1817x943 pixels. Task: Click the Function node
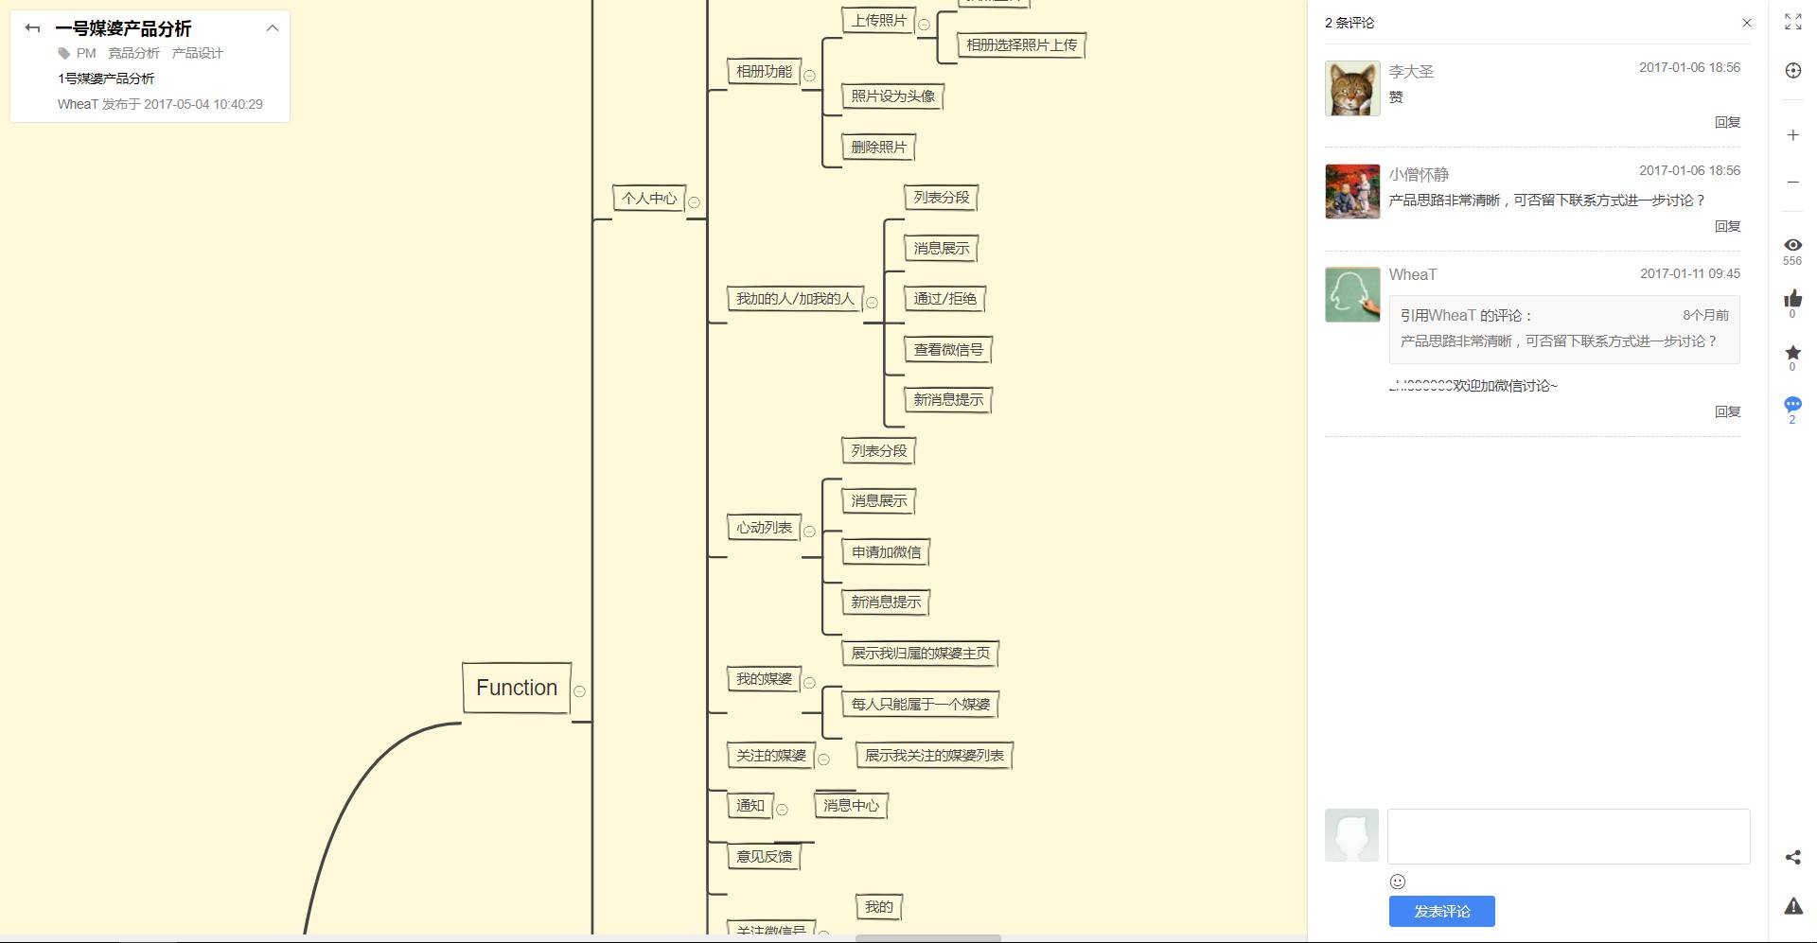point(517,688)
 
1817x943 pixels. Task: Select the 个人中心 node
point(648,198)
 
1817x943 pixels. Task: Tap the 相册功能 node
point(764,71)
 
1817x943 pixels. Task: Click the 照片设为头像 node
point(892,96)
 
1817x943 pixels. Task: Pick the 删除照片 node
point(878,147)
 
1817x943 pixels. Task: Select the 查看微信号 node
point(947,349)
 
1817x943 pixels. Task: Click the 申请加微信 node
point(886,551)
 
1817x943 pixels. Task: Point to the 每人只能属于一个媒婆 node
point(920,704)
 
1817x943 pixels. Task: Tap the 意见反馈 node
point(764,856)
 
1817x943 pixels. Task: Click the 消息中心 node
point(851,805)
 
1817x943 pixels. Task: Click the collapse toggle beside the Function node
point(579,691)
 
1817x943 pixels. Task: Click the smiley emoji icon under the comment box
point(1398,882)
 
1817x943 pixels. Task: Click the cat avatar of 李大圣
point(1352,88)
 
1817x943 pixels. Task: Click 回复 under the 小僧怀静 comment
point(1727,226)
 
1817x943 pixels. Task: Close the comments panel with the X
point(1747,23)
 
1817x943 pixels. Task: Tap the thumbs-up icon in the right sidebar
point(1792,300)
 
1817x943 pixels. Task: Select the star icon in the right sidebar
point(1792,353)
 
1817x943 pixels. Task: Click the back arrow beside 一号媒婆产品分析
point(32,28)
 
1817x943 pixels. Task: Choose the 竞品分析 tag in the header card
point(133,53)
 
